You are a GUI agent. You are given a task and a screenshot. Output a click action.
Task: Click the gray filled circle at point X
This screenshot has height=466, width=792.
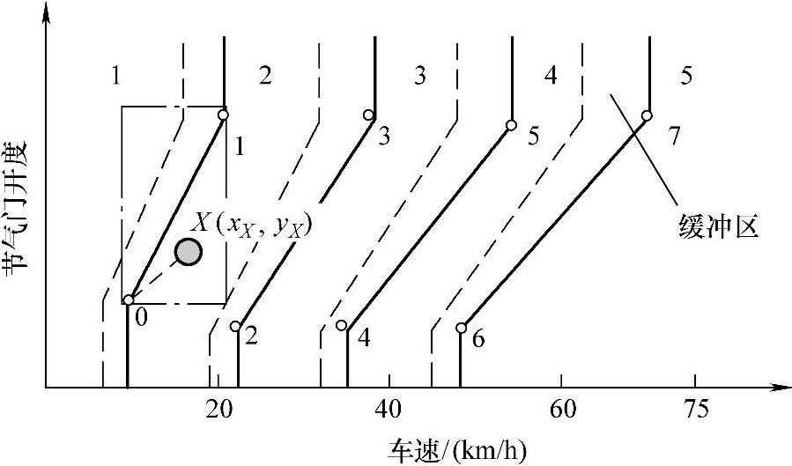[x=188, y=252]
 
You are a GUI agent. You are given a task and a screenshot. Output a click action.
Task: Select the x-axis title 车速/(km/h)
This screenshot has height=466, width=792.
[x=457, y=450]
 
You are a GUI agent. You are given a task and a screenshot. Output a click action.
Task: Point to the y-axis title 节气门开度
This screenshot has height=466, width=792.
[x=19, y=210]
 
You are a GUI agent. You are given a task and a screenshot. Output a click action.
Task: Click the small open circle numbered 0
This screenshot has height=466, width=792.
[x=129, y=300]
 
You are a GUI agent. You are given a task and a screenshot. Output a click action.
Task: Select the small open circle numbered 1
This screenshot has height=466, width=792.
[x=224, y=115]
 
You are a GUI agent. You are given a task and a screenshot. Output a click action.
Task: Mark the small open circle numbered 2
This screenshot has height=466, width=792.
[x=235, y=326]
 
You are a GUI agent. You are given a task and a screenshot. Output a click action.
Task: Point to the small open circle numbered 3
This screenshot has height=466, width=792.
[x=369, y=115]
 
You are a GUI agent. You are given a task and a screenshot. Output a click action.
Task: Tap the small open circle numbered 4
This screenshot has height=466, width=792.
[x=342, y=325]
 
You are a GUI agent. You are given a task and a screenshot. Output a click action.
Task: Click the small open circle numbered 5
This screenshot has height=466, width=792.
[x=511, y=125]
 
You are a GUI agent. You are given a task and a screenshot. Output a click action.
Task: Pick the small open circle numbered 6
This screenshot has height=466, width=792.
[x=461, y=328]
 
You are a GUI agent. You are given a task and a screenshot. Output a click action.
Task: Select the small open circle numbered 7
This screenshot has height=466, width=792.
[x=647, y=115]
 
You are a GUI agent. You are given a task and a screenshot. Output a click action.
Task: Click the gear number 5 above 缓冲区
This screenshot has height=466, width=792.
[x=686, y=76]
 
